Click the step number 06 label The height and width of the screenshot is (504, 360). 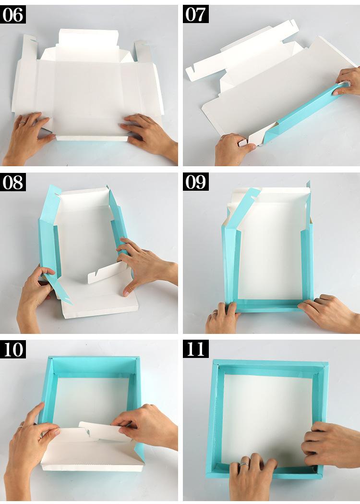13,14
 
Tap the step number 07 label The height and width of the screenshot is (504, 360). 195,14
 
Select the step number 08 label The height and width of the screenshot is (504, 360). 13,182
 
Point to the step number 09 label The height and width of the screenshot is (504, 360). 195,182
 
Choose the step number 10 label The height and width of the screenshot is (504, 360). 13,349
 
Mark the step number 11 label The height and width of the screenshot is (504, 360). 195,349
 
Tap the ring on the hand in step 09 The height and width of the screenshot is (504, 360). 215,313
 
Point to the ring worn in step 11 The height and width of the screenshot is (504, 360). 245,464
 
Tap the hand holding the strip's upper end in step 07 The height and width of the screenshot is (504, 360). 347,82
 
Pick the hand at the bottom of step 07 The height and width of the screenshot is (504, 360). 233,149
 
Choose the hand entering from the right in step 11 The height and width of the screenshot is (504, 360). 331,445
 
